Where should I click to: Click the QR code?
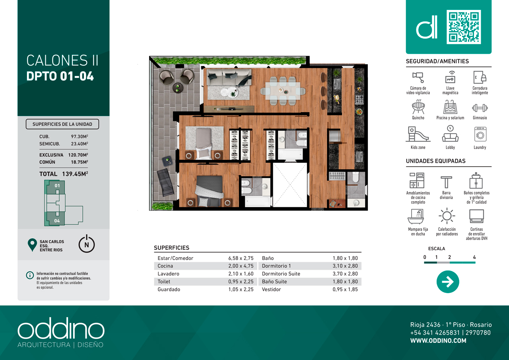tap(464, 27)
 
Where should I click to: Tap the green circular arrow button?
tap(448, 282)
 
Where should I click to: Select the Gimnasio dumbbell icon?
tap(480, 108)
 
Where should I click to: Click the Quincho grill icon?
tap(418, 107)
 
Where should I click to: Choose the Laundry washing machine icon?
tap(480, 134)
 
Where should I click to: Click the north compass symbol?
tap(87, 244)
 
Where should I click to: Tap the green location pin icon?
tap(32, 245)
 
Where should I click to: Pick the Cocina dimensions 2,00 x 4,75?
tap(241, 266)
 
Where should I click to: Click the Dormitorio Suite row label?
tap(281, 274)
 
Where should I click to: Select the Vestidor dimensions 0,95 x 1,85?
tap(345, 289)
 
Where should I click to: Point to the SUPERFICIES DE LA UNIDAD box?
tap(62, 124)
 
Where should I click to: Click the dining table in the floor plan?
tap(283, 91)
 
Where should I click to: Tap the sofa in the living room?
tap(229, 77)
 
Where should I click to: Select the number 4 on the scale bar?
tap(474, 257)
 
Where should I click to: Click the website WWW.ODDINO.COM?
tap(438, 341)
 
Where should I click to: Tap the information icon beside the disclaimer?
tap(30, 275)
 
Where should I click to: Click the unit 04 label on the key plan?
tap(57, 221)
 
